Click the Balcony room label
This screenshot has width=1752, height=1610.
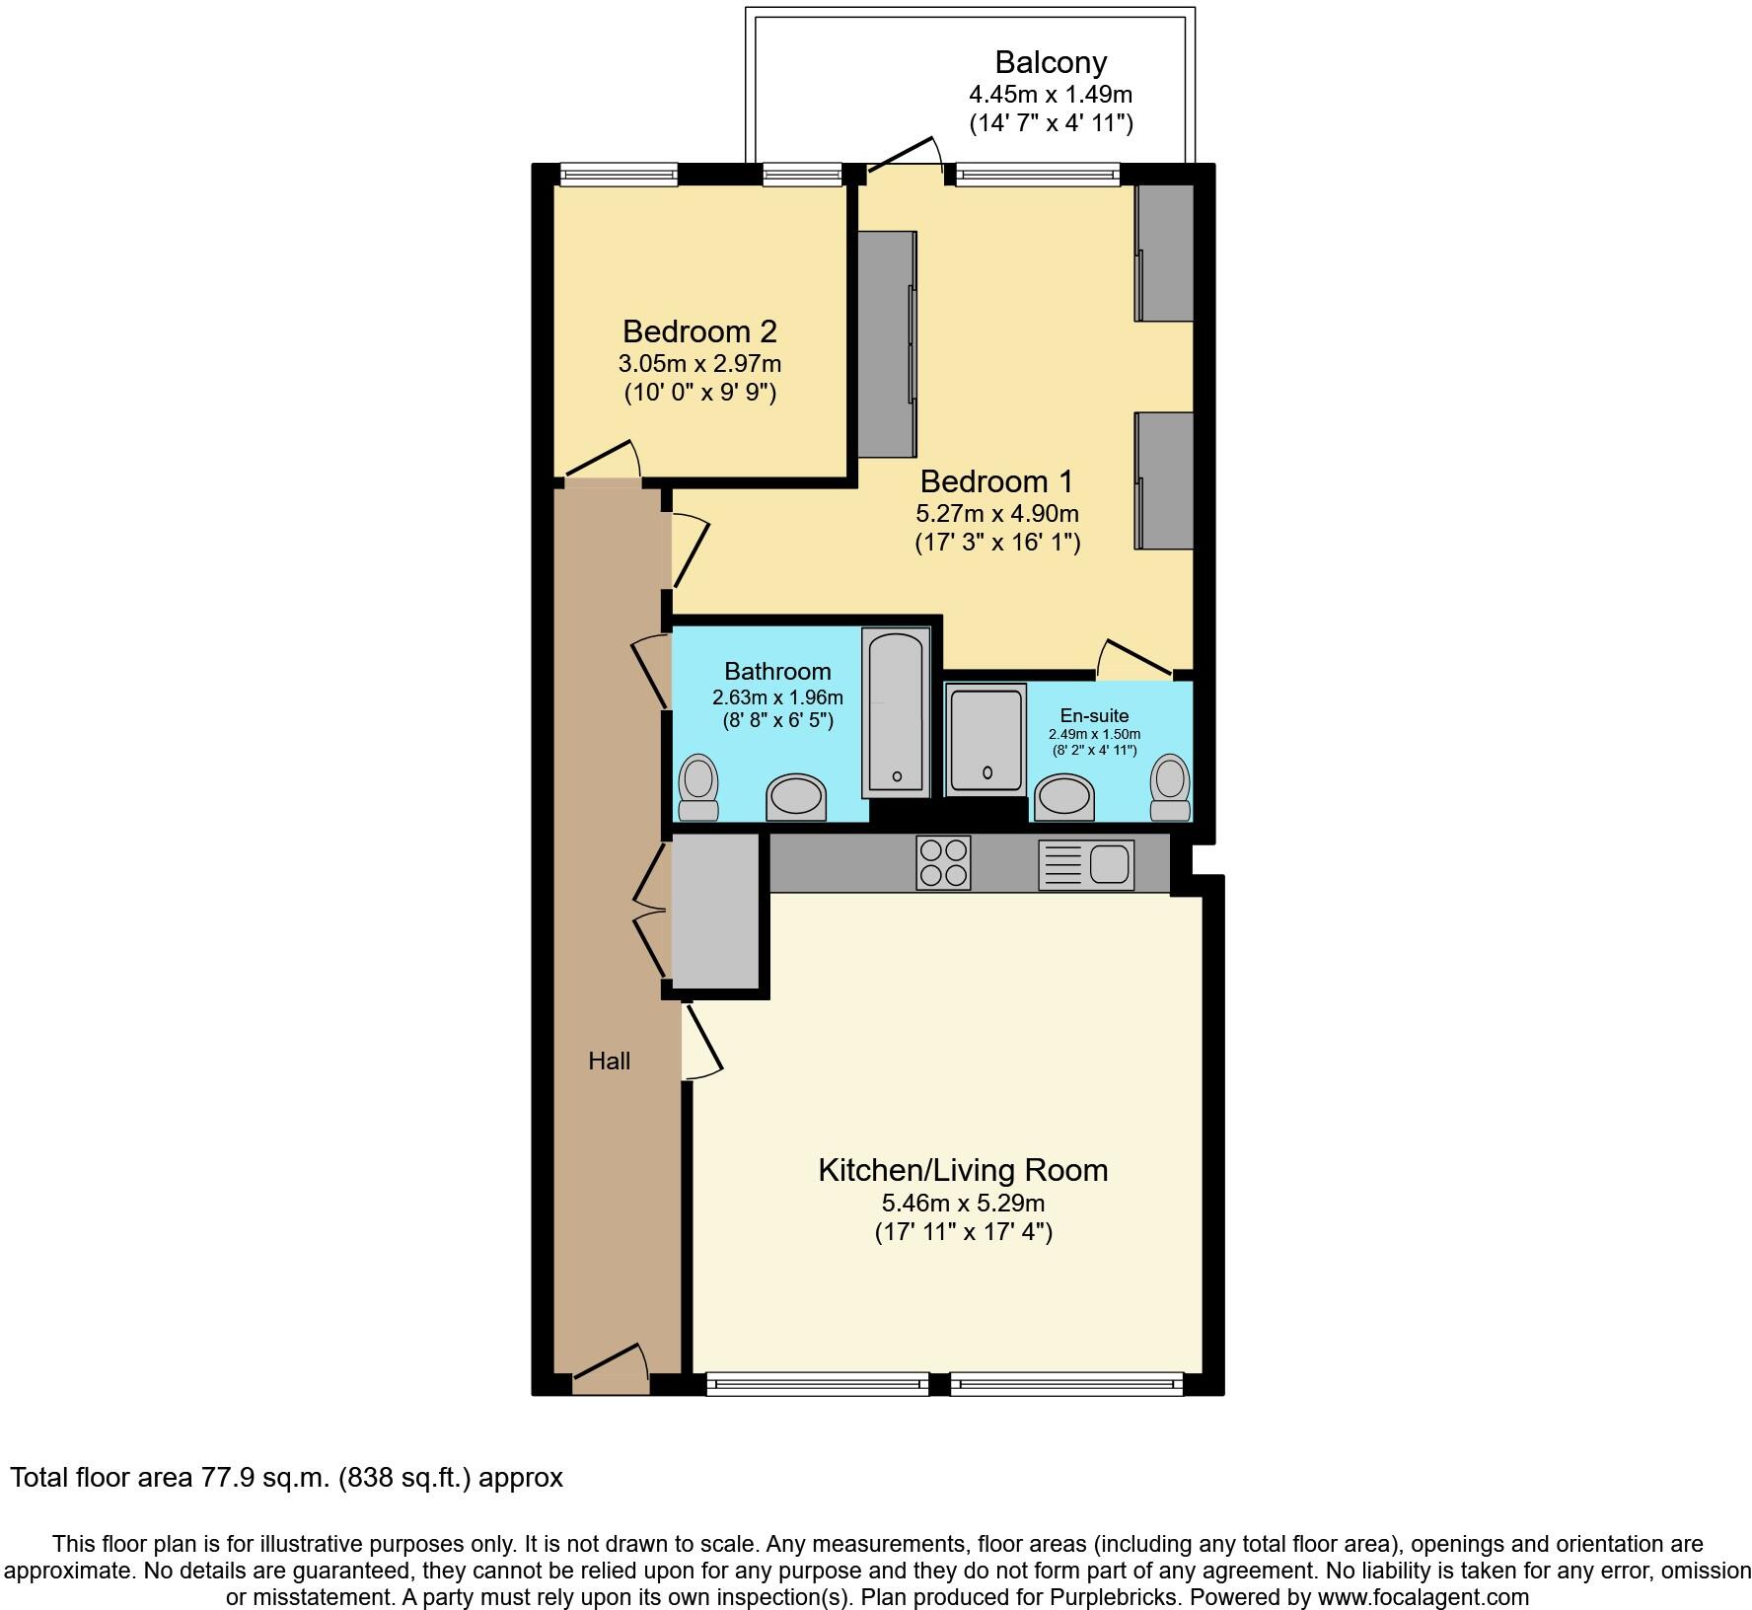(1050, 62)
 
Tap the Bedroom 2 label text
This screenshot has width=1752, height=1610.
(699, 330)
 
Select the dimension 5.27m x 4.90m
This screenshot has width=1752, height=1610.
(996, 514)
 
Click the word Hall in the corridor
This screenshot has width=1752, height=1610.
(609, 1061)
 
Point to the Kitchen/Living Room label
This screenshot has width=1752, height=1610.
(963, 1170)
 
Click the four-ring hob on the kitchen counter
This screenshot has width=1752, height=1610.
(943, 862)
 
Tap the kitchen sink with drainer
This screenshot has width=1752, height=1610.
(1086, 864)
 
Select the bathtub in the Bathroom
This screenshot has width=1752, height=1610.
(895, 711)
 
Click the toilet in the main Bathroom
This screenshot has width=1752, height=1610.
(698, 788)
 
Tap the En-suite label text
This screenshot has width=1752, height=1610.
(1094, 715)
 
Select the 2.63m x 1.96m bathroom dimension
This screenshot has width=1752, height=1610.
(777, 697)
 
